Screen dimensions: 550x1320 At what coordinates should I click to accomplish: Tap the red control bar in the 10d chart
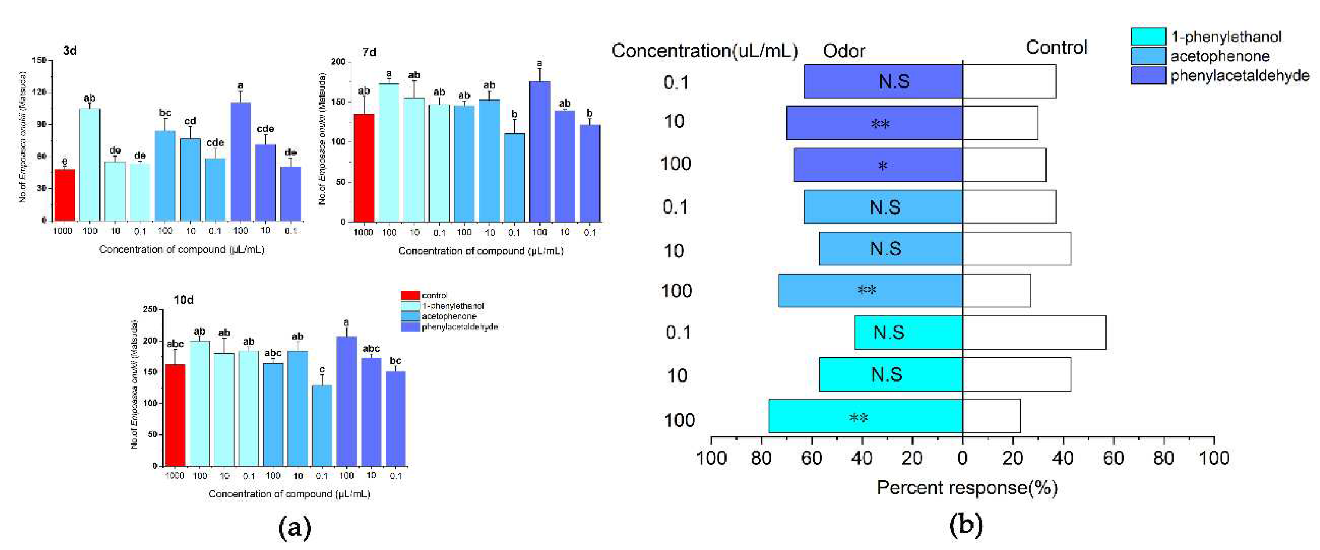click(x=175, y=415)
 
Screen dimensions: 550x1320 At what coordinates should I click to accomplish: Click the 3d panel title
click(x=70, y=51)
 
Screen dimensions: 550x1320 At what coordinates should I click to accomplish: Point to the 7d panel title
click(x=369, y=52)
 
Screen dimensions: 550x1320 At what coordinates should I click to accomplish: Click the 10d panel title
click(x=183, y=300)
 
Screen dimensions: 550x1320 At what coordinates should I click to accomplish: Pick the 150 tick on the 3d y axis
click(x=39, y=60)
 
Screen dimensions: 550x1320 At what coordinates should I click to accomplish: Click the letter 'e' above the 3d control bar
click(x=64, y=161)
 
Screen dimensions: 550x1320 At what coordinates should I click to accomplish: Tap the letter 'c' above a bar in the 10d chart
click(x=322, y=370)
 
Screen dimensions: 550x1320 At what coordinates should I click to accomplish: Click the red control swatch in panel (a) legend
click(x=410, y=295)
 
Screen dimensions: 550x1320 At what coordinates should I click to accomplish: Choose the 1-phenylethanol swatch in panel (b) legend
click(x=1148, y=37)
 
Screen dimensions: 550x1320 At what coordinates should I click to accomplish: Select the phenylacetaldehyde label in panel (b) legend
click(x=1240, y=76)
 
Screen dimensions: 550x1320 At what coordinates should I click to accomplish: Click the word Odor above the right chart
click(x=844, y=51)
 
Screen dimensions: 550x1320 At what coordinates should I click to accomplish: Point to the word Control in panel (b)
click(x=1056, y=48)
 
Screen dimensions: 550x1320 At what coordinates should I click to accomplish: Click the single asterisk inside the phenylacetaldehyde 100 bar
click(x=882, y=165)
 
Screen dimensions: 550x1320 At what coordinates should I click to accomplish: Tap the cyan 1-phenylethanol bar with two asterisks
click(x=865, y=416)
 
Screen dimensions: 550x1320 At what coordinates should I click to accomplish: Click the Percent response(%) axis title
click(x=966, y=487)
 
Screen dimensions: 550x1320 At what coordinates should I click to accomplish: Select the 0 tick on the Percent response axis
click(x=962, y=457)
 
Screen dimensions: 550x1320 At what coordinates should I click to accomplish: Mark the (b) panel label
click(x=966, y=525)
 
